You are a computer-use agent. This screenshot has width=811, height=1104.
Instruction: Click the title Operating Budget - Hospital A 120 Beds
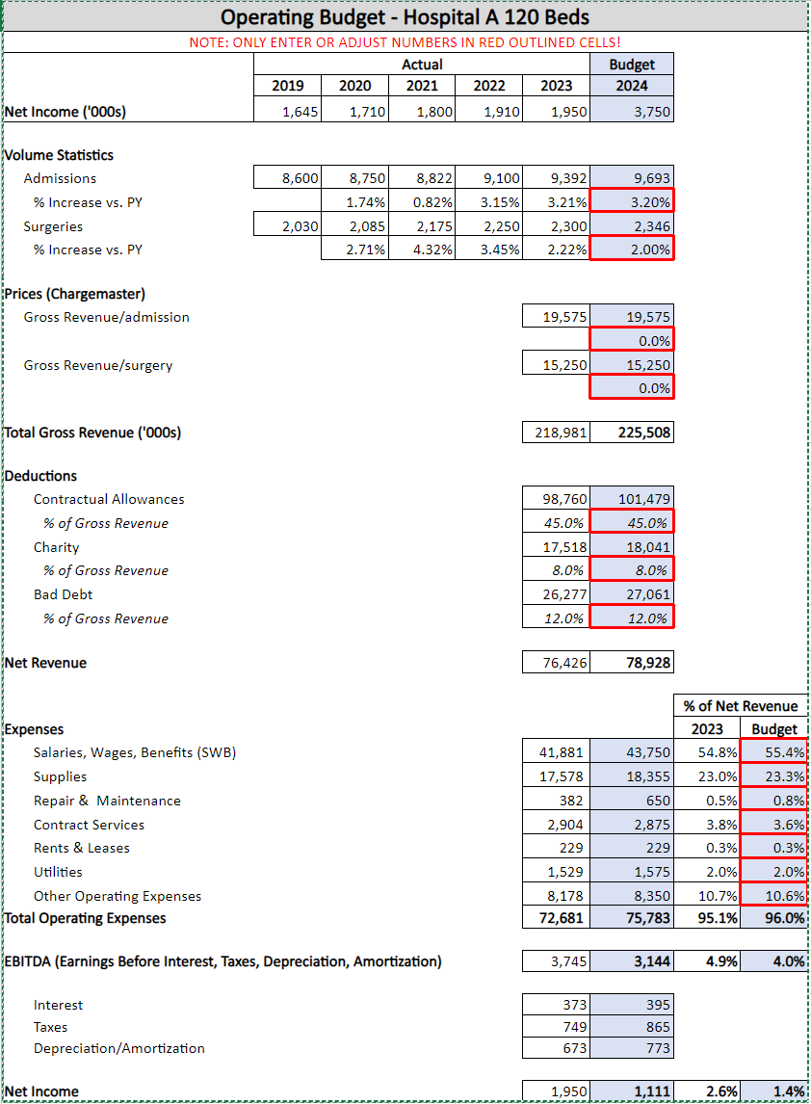[405, 17]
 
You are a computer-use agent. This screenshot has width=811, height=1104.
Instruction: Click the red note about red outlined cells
[405, 42]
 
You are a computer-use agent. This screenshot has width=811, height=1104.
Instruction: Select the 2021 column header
[422, 86]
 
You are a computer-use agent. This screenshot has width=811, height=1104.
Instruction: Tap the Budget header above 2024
[632, 65]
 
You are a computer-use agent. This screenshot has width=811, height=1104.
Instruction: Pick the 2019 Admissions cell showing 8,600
[287, 178]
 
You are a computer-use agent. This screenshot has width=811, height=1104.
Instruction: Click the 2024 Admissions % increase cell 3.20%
[632, 202]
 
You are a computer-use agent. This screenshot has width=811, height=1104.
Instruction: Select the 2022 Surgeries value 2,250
[489, 226]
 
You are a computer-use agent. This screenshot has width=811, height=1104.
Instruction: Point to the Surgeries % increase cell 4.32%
[422, 250]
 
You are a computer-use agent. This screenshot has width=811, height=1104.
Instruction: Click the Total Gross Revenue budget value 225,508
[632, 433]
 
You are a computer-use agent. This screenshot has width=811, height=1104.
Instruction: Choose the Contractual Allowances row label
[109, 499]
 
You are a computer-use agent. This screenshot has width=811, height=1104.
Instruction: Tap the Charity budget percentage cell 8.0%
[632, 570]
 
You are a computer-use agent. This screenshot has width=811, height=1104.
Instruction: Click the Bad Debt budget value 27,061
[632, 594]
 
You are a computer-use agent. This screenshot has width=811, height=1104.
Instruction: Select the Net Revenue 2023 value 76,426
[556, 663]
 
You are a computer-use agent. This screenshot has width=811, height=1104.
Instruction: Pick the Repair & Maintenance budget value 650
[632, 801]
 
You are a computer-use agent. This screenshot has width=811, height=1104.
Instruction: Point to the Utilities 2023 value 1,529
[556, 872]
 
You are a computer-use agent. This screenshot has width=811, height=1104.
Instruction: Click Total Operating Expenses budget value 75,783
[632, 918]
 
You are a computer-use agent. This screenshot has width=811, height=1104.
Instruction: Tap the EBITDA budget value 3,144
[632, 961]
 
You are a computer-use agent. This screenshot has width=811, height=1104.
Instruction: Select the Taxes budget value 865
[632, 1027]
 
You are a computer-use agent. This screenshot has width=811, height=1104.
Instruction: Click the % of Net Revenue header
[741, 706]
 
